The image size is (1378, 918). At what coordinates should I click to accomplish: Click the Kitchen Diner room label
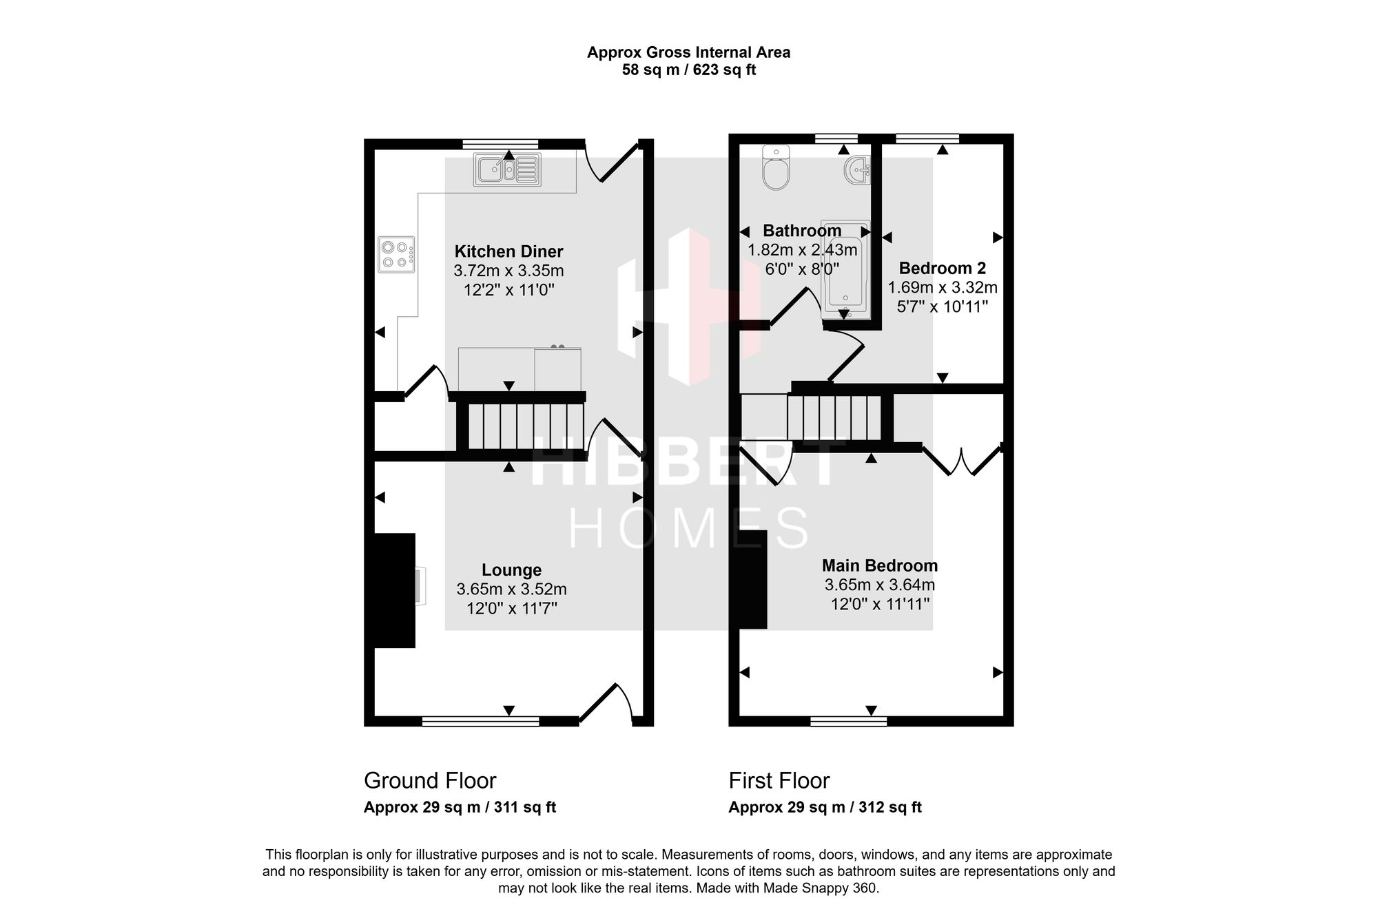point(509,251)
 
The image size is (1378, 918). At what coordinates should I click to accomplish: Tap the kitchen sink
point(507,169)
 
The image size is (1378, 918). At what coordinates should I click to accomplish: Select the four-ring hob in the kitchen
point(396,254)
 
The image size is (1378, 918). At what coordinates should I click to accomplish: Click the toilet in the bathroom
point(776,167)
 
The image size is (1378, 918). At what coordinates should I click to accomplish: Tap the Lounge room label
point(511,570)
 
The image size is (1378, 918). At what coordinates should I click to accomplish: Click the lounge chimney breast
point(395,590)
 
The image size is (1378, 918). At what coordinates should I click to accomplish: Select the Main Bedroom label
point(880,566)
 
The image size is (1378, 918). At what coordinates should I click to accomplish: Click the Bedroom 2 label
point(943,268)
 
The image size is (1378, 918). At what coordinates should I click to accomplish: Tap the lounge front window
point(480,721)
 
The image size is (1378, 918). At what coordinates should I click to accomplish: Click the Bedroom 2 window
point(927,138)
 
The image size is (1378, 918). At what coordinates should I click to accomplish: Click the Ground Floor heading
point(430,780)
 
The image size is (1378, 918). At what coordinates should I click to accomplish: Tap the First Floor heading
point(779,780)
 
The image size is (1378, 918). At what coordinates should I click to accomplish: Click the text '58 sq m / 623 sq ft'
point(689,70)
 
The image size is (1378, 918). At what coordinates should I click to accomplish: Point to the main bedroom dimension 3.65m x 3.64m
point(880,585)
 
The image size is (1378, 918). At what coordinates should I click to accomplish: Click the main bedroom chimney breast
point(753,579)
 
